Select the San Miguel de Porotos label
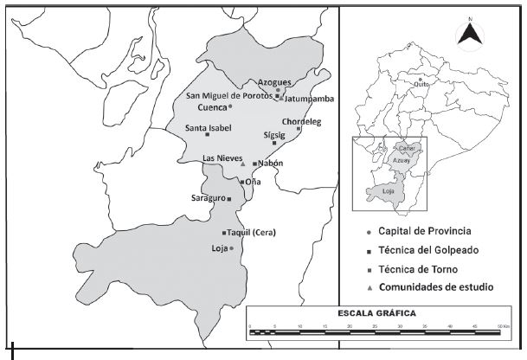[229, 94]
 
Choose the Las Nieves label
[221, 158]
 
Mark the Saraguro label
[208, 198]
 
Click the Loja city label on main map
[219, 248]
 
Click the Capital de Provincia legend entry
[424, 231]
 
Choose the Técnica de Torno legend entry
[418, 269]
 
